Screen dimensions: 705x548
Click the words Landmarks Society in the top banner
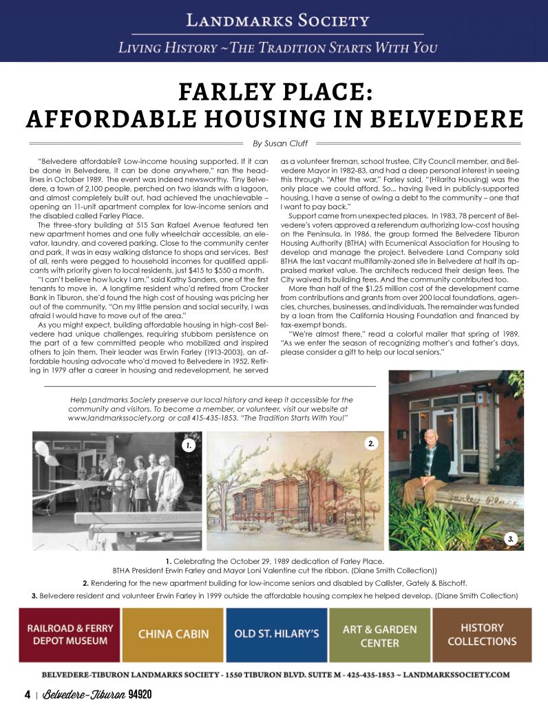click(273, 20)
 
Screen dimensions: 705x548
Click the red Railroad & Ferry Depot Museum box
click(67, 634)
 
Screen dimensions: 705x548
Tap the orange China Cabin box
click(173, 634)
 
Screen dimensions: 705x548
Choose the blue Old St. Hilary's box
click(276, 634)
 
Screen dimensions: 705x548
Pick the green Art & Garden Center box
click(379, 634)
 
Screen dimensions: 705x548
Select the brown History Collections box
click(482, 634)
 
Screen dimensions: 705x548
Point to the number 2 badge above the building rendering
click(371, 443)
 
